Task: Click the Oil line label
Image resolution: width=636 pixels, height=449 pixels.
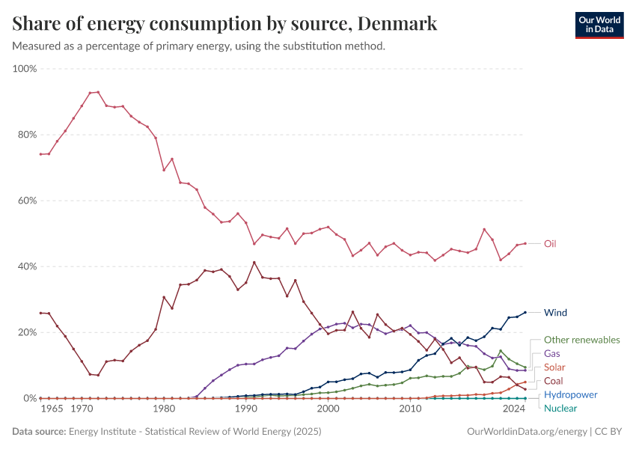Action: point(550,244)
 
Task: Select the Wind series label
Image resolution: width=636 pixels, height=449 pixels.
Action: point(555,313)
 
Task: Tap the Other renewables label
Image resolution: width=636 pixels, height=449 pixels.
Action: point(581,340)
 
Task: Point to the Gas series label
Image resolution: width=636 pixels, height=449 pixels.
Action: point(552,353)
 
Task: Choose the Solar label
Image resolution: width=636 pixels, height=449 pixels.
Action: point(554,367)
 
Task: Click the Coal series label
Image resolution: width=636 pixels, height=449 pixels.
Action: point(554,381)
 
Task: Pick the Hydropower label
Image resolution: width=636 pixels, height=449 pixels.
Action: point(571,394)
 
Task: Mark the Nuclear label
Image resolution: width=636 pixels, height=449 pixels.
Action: point(560,408)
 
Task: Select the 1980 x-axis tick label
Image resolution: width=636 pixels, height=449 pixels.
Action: point(164,410)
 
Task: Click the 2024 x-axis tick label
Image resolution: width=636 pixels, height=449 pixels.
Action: point(514,410)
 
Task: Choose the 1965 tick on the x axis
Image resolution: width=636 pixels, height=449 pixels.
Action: point(51,410)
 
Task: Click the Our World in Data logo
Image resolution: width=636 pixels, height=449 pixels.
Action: point(599,25)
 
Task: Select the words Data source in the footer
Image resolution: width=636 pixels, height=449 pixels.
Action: point(38,432)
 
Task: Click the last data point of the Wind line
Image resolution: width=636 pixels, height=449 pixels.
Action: point(525,312)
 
